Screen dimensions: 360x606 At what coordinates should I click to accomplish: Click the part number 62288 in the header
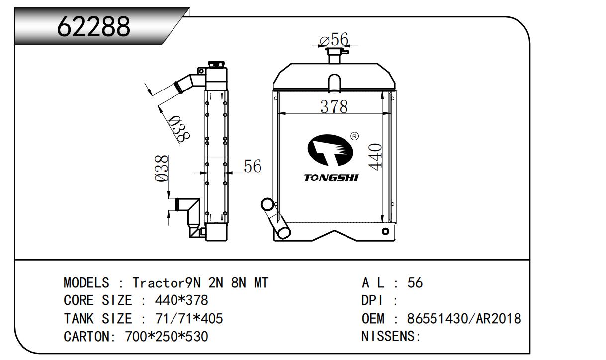point(93,26)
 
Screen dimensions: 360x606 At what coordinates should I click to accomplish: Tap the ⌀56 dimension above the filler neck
point(334,39)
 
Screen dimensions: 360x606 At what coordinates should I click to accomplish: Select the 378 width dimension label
point(334,106)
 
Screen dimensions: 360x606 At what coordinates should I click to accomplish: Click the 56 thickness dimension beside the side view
point(253,166)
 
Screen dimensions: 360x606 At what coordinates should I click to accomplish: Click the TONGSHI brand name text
point(331,178)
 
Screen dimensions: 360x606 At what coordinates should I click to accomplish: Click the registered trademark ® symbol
point(355,136)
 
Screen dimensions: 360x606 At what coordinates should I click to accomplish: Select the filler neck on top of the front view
point(334,56)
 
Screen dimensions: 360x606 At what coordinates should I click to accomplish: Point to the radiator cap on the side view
point(216,65)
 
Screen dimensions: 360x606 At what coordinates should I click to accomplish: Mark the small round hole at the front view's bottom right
point(385,231)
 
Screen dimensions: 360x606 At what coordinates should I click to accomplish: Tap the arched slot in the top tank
point(335,82)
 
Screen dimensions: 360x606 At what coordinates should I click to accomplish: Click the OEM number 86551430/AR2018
point(464,319)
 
